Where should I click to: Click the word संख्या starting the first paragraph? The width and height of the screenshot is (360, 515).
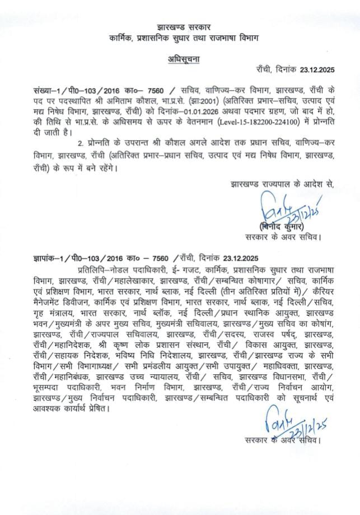[x=44, y=91]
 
